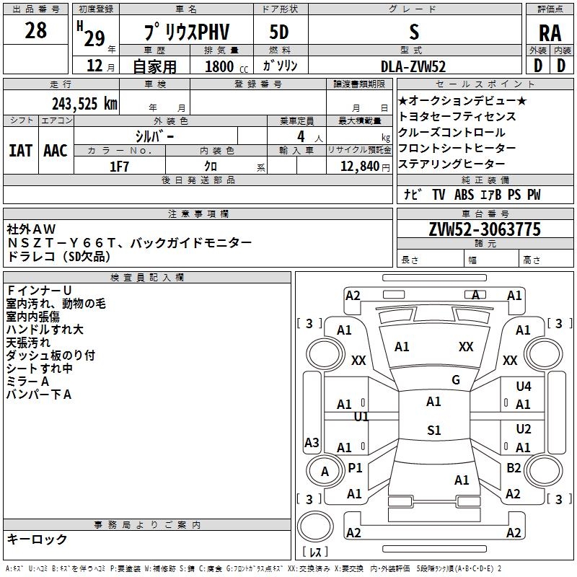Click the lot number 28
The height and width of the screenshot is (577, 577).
click(35, 31)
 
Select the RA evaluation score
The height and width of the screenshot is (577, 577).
click(550, 33)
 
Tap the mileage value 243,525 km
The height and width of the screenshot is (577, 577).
click(84, 103)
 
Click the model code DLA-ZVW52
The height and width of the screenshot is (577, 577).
click(414, 66)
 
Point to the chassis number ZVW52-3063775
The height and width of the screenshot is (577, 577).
click(484, 230)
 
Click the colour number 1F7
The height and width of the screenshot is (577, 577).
click(119, 166)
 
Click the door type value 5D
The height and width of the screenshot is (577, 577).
click(279, 32)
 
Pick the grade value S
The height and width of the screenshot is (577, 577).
click(414, 32)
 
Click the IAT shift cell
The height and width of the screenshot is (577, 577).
click(20, 150)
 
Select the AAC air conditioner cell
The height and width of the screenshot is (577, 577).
click(56, 150)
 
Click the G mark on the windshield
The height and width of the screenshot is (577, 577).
click(456, 380)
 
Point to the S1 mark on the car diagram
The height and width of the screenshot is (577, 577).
click(433, 431)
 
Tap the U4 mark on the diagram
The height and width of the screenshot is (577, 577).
click(524, 387)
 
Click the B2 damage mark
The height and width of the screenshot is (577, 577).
click(514, 468)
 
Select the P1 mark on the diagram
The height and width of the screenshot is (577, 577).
click(355, 468)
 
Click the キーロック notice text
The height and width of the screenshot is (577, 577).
click(37, 539)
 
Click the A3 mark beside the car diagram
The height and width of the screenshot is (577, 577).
click(312, 443)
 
